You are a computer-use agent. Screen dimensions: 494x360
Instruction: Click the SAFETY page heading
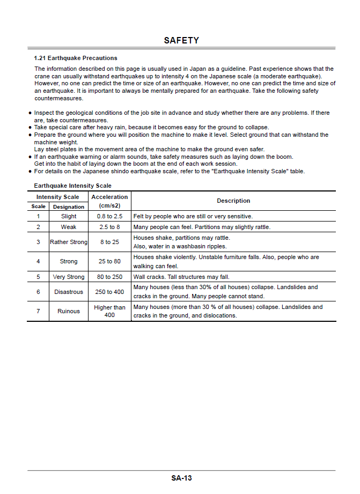point(181,40)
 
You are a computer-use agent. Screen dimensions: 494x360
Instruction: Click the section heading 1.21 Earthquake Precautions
point(75,58)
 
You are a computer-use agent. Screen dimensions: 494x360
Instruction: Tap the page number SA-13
point(181,478)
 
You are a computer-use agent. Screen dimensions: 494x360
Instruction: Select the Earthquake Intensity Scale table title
point(72,186)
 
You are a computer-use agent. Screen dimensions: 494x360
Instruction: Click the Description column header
point(233,201)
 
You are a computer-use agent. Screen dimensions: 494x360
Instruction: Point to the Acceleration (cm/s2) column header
point(109,201)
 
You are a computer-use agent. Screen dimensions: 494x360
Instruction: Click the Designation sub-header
point(69,207)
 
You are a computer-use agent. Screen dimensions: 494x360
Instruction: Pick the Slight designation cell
point(69,217)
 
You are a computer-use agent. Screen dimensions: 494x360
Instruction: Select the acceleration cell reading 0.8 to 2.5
point(109,217)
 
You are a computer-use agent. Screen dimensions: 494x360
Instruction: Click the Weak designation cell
point(69,227)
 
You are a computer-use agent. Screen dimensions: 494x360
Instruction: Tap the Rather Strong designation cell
point(69,242)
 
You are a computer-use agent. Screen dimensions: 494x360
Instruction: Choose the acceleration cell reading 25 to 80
point(109,262)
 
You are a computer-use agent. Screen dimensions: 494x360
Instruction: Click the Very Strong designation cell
point(69,277)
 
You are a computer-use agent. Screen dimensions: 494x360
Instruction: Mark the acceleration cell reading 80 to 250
point(109,277)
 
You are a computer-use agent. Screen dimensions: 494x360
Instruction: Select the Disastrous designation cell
point(69,292)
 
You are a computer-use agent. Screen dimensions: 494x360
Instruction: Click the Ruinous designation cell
point(69,311)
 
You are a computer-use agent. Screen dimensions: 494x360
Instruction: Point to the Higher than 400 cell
point(109,311)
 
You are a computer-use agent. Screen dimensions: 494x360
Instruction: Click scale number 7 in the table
point(38,311)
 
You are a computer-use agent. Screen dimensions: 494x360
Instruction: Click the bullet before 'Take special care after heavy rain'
point(30,128)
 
